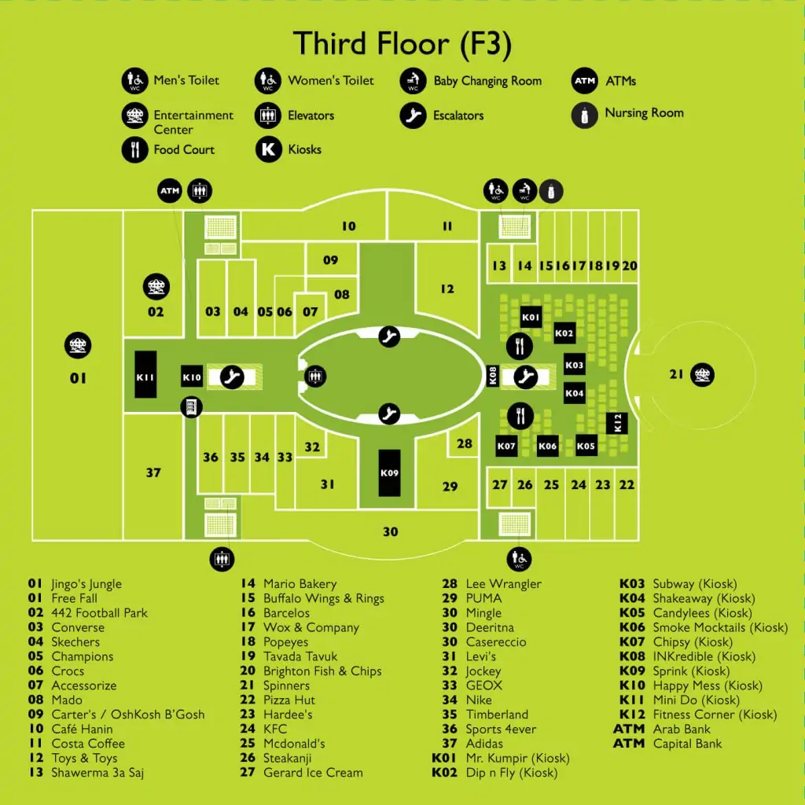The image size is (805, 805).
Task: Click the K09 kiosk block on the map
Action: click(389, 472)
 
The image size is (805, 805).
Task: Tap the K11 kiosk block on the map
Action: click(145, 374)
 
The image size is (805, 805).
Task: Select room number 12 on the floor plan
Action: click(447, 289)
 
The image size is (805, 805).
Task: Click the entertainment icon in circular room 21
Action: click(702, 375)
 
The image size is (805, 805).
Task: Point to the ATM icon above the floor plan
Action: click(170, 191)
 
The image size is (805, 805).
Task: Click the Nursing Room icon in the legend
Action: click(584, 115)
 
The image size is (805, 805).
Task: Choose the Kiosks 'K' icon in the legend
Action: click(269, 149)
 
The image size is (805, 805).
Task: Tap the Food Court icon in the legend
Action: click(135, 149)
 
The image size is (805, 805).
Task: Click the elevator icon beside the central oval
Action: click(314, 377)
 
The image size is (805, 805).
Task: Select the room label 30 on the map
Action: click(391, 532)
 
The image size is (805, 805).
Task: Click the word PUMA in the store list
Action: click(483, 598)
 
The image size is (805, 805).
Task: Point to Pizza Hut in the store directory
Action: click(289, 700)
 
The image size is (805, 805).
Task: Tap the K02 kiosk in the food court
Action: click(564, 333)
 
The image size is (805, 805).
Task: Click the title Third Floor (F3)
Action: click(402, 43)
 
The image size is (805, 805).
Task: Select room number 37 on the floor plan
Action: click(153, 472)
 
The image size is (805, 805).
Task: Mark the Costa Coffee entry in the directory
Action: click(88, 744)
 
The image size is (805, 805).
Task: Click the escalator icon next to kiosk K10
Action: click(232, 377)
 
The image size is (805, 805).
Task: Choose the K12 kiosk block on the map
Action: click(616, 424)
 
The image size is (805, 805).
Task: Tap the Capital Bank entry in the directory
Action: click(687, 744)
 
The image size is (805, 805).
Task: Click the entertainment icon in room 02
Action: click(156, 286)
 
